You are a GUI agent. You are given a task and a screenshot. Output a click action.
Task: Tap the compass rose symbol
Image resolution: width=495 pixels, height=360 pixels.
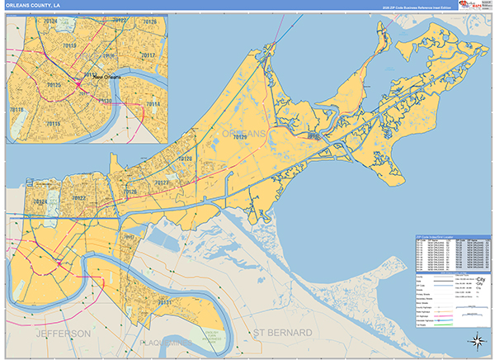coord(477,340)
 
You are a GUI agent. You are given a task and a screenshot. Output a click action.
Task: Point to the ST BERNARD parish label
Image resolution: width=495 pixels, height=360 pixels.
coord(282,333)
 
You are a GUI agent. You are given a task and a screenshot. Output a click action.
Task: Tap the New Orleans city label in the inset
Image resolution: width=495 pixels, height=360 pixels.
coord(106,77)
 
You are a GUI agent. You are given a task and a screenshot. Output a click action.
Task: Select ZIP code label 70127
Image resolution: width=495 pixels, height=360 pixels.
coord(161,182)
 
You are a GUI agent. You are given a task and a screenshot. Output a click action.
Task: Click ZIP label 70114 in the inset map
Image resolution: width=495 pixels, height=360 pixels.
coord(152,104)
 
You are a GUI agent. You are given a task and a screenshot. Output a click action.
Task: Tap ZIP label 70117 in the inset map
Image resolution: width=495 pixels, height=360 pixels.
coord(148,54)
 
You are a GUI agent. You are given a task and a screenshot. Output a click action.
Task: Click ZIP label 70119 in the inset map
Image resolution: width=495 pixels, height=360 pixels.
coord(69,46)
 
